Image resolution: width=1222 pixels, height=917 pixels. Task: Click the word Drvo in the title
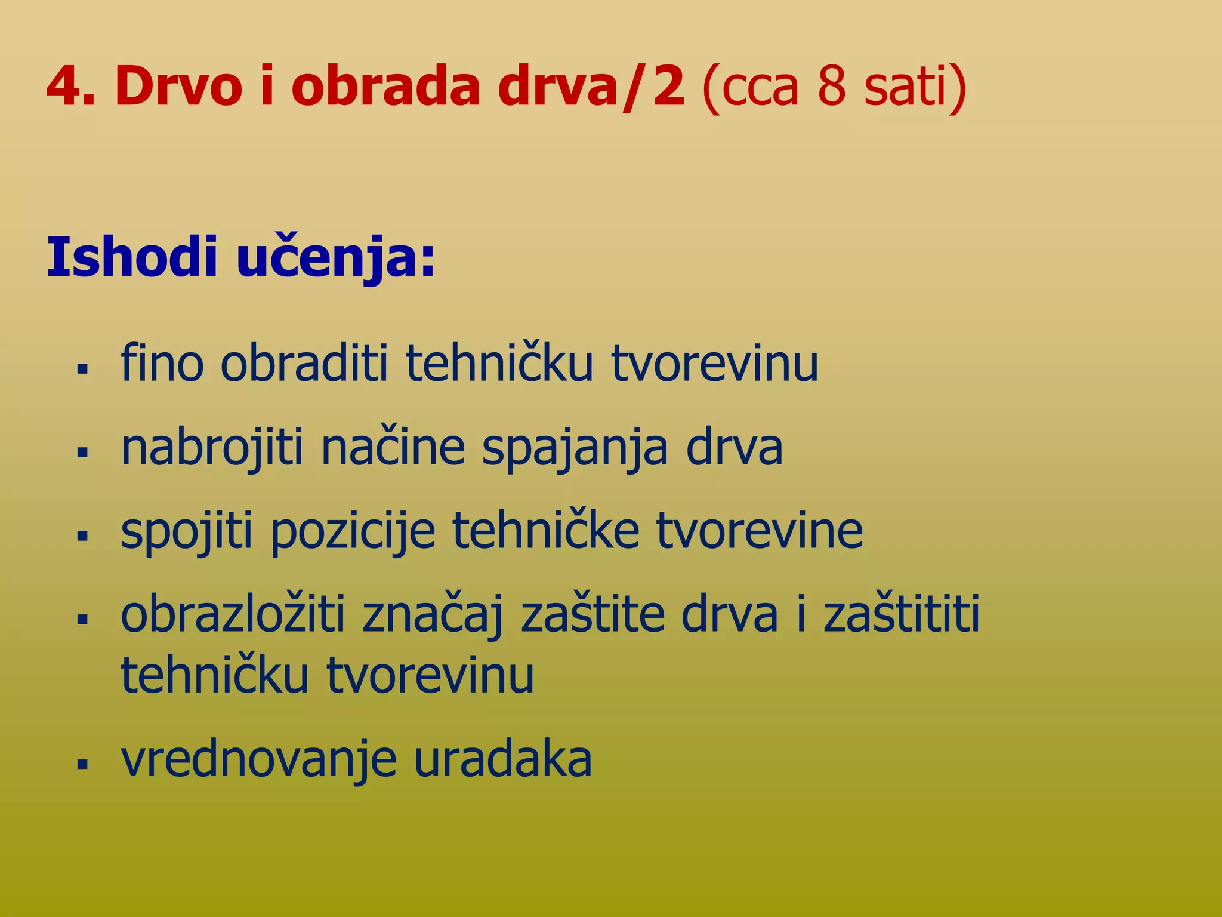(x=178, y=87)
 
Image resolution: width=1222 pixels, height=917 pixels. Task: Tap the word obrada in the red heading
(x=385, y=87)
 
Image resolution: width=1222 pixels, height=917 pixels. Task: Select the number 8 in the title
(x=832, y=87)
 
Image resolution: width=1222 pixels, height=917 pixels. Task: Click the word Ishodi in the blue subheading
(x=132, y=258)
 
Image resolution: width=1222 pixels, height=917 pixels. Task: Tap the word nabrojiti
(x=212, y=448)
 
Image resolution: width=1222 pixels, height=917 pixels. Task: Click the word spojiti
(x=187, y=532)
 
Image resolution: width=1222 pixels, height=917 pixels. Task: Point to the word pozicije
(x=354, y=532)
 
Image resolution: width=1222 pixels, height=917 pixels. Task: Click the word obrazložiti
(x=233, y=615)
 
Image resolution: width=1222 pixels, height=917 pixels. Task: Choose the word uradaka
(x=502, y=759)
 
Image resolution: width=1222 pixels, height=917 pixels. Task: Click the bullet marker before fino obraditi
(x=82, y=368)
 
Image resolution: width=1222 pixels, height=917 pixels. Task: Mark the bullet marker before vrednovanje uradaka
(x=82, y=764)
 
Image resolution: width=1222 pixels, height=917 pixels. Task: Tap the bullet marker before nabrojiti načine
(x=82, y=452)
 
